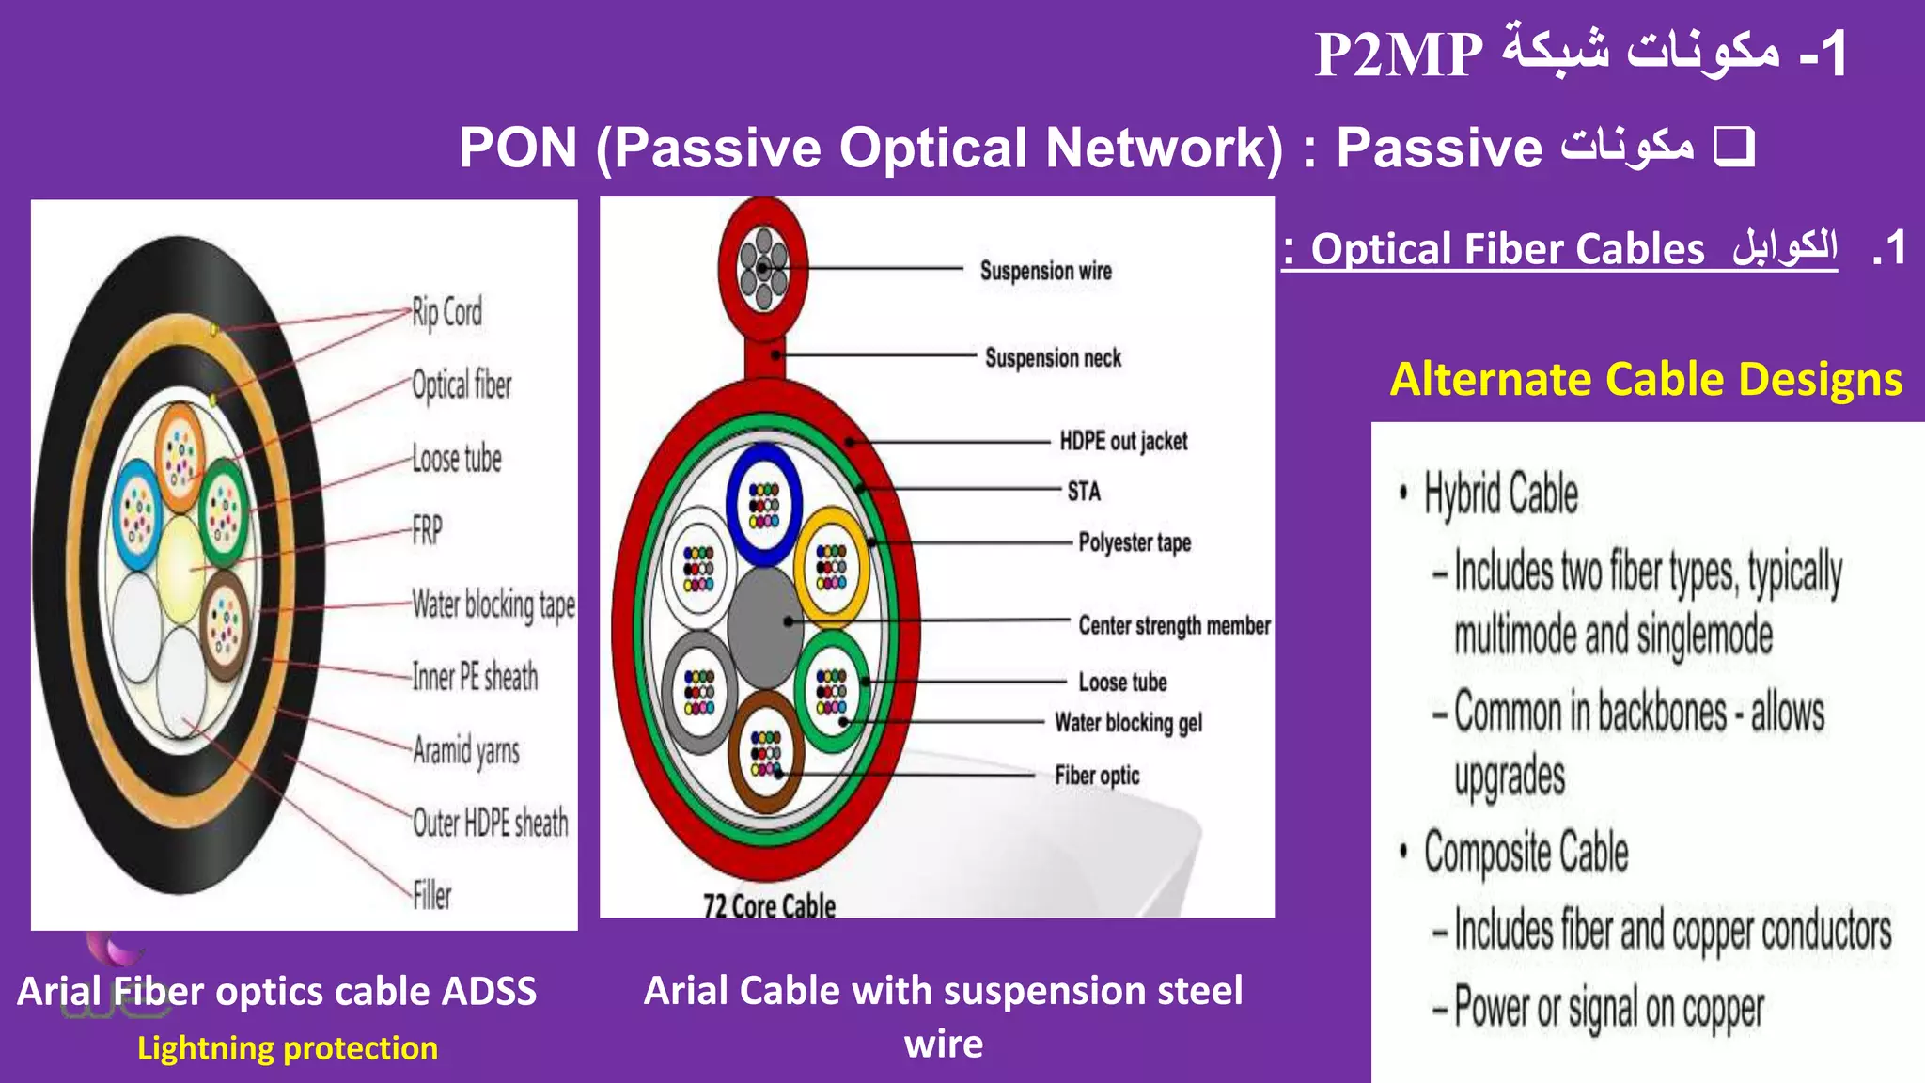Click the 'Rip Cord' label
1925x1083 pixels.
[446, 312]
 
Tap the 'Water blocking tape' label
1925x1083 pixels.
[493, 604]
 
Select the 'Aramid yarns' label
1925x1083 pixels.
[466, 750]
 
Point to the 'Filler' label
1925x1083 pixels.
[432, 895]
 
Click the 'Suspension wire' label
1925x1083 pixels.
[1045, 271]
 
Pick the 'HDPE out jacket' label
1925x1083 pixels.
[1123, 441]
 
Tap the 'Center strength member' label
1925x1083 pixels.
[1174, 625]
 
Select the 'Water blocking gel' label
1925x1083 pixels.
[1128, 723]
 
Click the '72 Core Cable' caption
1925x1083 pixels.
[769, 905]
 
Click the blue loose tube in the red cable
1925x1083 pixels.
[763, 504]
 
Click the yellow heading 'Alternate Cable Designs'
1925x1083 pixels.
[1646, 380]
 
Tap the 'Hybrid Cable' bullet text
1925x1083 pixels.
[1501, 494]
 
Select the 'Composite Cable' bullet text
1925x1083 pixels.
[1526, 852]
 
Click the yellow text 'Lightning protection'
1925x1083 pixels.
[288, 1048]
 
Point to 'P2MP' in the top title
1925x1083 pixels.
[1398, 55]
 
